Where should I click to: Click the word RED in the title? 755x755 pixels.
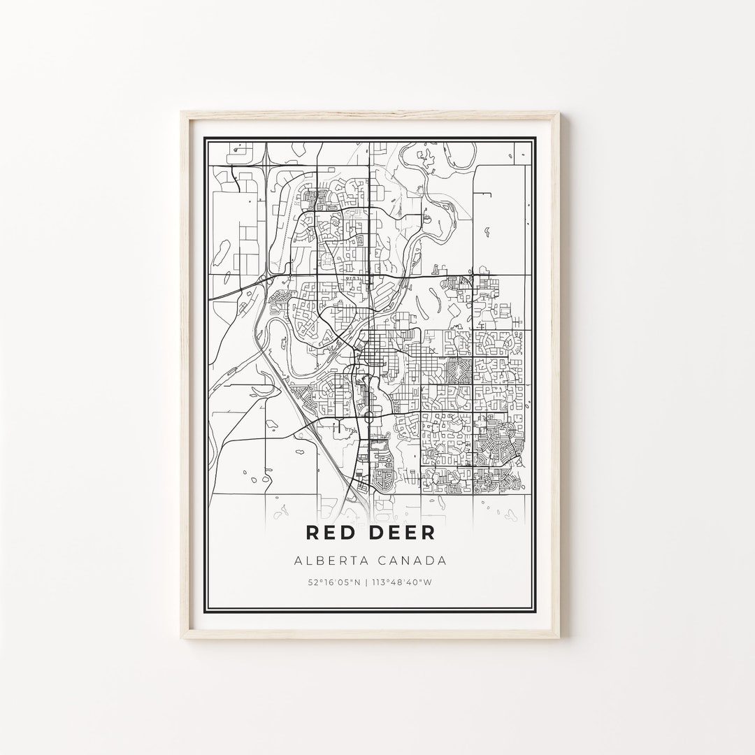point(333,532)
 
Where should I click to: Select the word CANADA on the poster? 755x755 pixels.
point(413,560)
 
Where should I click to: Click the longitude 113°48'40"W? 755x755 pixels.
point(409,582)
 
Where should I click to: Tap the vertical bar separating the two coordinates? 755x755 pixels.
point(371,582)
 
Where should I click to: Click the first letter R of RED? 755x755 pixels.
point(314,532)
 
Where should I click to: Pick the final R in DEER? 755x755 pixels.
point(427,532)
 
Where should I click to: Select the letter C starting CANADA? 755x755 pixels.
point(387,560)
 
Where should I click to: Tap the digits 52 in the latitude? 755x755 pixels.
point(310,582)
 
